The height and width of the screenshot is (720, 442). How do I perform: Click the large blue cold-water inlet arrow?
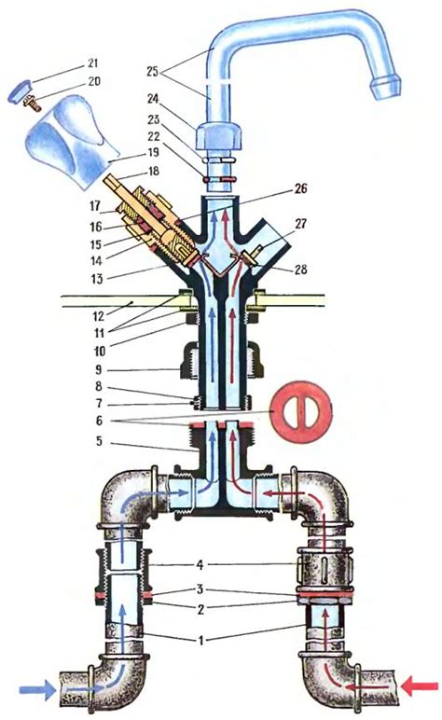(36, 689)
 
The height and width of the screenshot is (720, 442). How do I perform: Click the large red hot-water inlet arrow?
(419, 686)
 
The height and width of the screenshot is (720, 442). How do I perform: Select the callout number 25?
(153, 71)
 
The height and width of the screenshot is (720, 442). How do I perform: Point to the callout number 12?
(99, 316)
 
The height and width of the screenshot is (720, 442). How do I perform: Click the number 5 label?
(99, 442)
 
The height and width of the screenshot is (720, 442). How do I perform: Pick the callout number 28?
(300, 270)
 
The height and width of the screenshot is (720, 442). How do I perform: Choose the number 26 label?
(300, 188)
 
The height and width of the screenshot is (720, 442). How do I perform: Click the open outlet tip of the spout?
(385, 89)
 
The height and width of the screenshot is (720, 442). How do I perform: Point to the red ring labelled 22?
(220, 179)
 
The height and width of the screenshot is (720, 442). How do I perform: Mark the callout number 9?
(99, 370)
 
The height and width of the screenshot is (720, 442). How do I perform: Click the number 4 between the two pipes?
(200, 564)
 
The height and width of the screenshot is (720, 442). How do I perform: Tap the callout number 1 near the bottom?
(200, 639)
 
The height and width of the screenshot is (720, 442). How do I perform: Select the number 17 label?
(94, 206)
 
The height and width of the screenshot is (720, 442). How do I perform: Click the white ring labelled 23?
(219, 160)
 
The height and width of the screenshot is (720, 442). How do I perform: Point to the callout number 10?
(99, 352)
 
